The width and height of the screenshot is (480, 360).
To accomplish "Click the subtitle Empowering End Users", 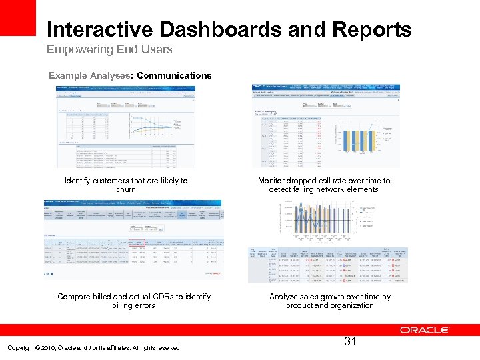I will (x=109, y=49).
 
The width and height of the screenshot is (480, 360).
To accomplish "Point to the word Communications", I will (x=174, y=75).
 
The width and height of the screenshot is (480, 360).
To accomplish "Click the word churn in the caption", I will (x=126, y=189).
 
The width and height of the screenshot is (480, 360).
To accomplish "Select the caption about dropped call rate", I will (x=329, y=185).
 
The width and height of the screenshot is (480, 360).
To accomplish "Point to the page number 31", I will (x=351, y=342).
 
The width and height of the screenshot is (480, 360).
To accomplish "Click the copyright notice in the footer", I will (x=94, y=347).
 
